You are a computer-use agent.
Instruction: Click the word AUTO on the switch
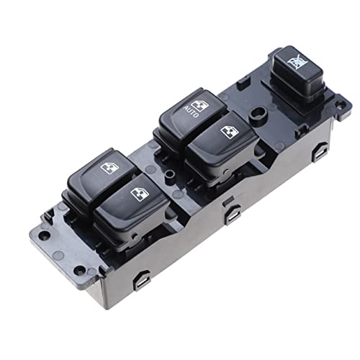click(192, 112)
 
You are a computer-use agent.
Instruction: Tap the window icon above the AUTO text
click(199, 105)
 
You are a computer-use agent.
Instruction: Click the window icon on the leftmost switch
click(109, 168)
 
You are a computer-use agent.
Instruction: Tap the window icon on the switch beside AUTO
click(230, 132)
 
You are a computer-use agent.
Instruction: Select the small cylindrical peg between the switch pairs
click(170, 174)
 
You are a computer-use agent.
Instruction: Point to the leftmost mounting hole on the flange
click(45, 235)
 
